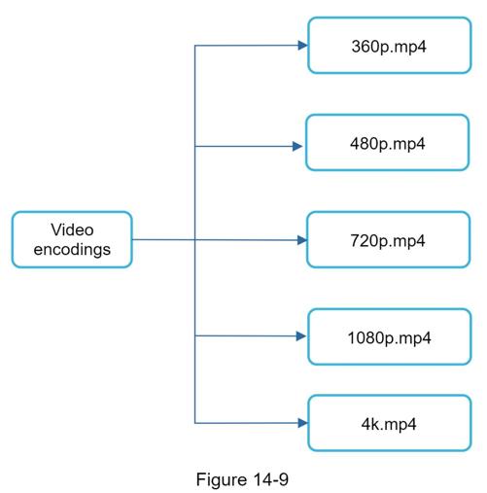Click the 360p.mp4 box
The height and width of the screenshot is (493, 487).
pos(389,46)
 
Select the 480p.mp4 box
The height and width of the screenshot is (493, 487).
pos(387,142)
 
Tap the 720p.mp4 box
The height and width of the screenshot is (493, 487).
pos(388,239)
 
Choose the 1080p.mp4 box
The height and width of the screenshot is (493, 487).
pos(389,336)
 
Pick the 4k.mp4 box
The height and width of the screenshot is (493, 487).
pos(389,423)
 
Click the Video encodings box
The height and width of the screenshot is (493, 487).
pos(72,239)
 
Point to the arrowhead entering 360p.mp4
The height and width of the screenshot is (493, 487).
pos(302,46)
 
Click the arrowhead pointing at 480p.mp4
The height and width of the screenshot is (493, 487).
pos(297,146)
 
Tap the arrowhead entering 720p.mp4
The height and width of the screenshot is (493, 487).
pos(302,240)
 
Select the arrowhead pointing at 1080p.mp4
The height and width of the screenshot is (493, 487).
pos(301,336)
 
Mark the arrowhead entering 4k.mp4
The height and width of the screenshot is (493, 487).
pos(302,423)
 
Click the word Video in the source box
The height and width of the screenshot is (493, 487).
pos(72,229)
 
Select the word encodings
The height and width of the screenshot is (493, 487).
pos(72,250)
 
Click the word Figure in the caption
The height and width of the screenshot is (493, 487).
pos(222,479)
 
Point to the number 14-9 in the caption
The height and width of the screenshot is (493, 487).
pos(270,479)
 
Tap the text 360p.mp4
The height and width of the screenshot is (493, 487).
pos(389,47)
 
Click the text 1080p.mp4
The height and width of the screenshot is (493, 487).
pos(389,338)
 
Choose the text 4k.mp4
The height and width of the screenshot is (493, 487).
pos(389,424)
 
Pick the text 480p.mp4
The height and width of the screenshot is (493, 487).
pos(387,144)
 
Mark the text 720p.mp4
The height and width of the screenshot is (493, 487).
pos(388,241)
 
